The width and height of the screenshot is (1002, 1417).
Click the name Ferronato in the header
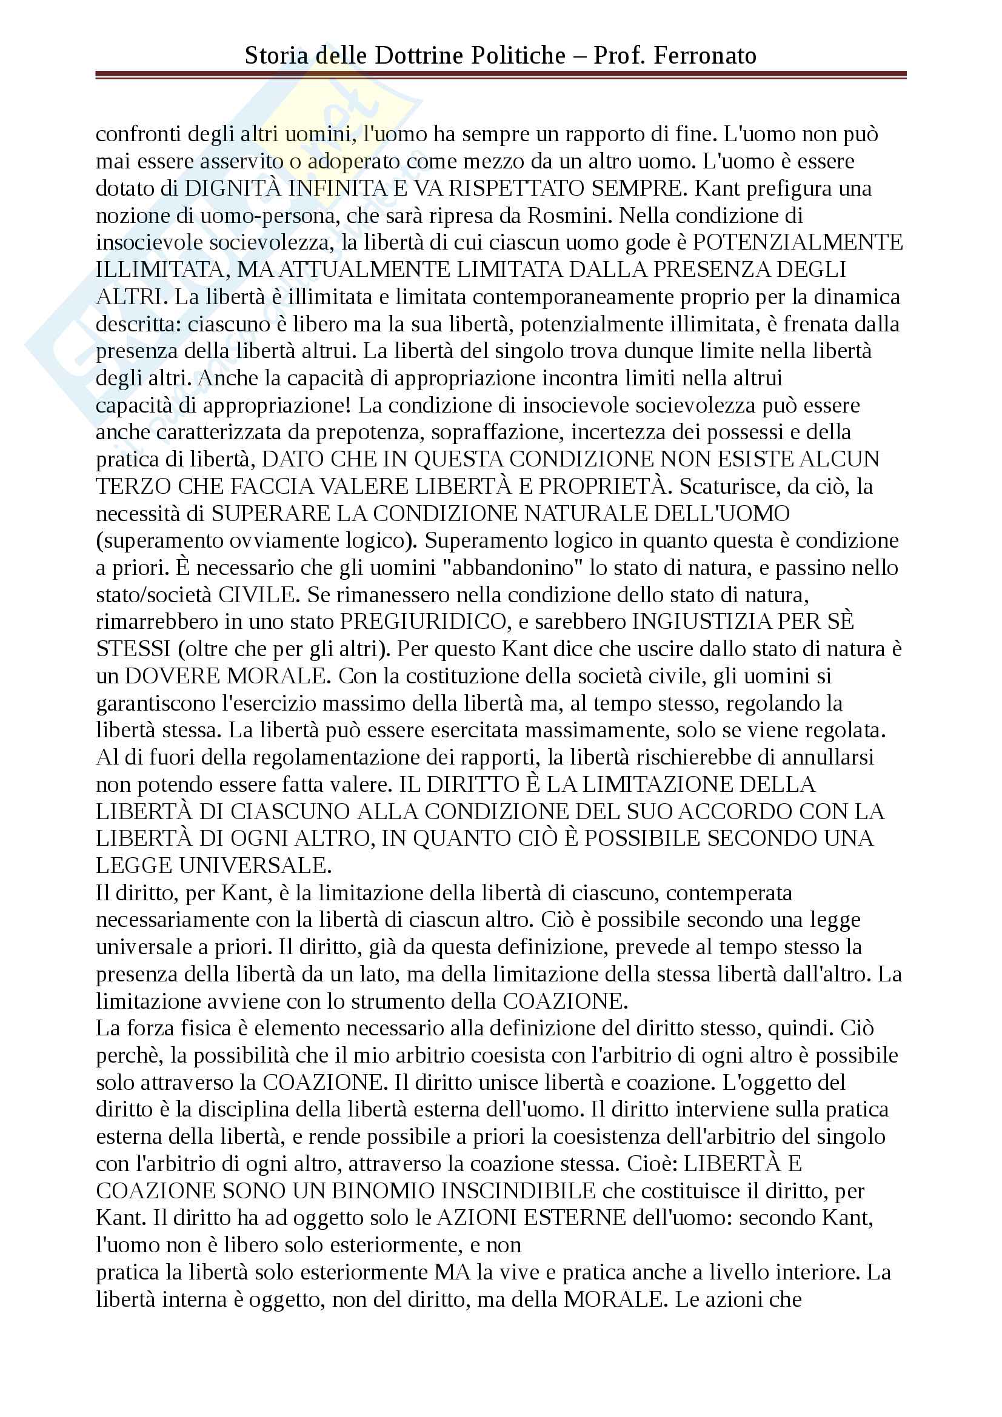point(705,56)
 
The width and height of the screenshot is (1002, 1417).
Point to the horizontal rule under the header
point(501,75)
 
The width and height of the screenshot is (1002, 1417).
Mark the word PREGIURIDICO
point(423,622)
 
